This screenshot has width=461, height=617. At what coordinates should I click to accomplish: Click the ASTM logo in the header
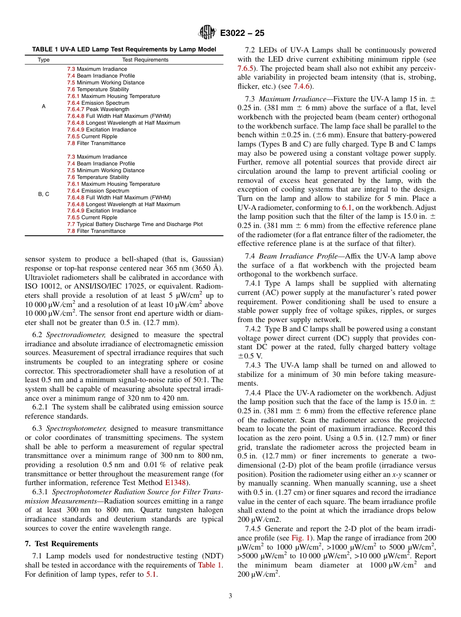point(208,33)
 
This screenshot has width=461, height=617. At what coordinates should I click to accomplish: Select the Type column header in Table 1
point(44,60)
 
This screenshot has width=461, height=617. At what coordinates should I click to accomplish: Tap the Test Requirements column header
point(145,60)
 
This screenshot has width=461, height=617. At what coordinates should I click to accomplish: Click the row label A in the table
point(44,106)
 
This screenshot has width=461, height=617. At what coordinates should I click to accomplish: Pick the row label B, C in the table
point(44,194)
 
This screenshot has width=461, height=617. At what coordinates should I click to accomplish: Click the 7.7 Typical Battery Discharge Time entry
point(135,224)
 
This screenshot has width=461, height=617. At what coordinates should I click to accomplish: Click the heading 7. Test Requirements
point(61,544)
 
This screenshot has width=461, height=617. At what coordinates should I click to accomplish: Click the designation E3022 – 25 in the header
point(242,33)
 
